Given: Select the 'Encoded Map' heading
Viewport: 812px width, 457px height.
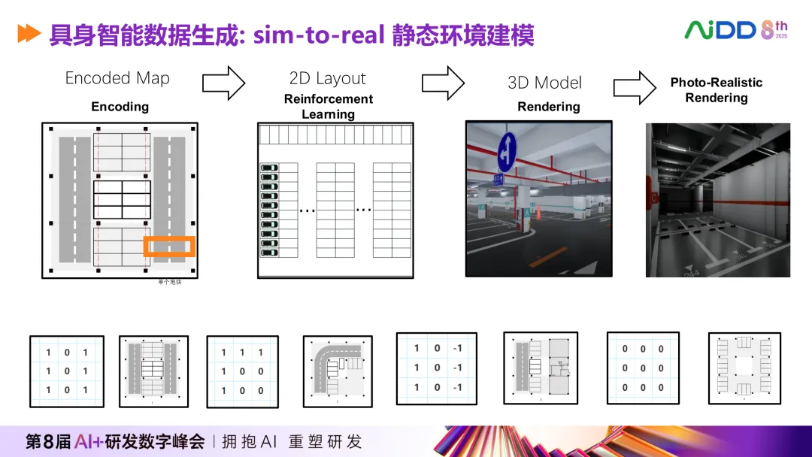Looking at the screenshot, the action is pos(117,78).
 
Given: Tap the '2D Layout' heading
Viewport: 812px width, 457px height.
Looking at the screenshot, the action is pos(327,78).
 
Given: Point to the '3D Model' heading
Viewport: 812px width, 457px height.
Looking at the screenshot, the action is pos(544,83).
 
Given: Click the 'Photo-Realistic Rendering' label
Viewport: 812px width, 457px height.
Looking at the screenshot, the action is pos(716,90).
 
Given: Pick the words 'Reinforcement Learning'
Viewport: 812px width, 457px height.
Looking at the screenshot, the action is pos(329,107).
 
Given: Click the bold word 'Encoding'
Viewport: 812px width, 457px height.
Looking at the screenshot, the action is pos(120,107).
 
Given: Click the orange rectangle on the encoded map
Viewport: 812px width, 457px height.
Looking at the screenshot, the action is pos(169,247).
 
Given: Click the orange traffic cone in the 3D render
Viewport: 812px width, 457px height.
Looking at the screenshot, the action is pos(538,213).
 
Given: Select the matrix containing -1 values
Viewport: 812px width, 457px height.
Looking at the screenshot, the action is pos(436,368).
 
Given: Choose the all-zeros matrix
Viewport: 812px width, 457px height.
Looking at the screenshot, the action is pos(643,368).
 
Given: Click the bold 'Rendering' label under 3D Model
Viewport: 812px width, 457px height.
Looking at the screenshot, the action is pos(548,107).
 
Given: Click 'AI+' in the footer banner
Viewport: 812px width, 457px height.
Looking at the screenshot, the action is pos(90,441).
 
